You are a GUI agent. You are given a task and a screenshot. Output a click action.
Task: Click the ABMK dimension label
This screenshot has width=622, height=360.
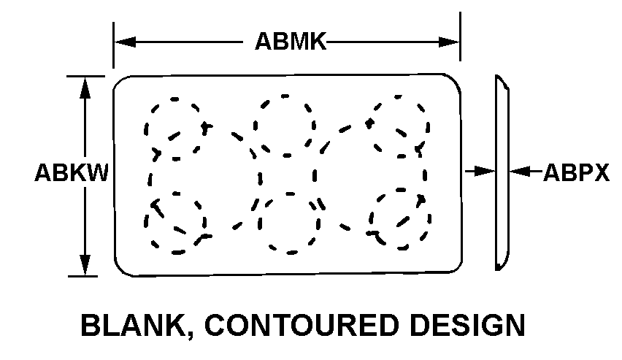pyautogui.click(x=289, y=42)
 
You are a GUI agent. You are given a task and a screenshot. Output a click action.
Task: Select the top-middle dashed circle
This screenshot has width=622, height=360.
pyautogui.click(x=285, y=126)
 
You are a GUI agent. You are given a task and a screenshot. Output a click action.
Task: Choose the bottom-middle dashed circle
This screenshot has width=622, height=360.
pyautogui.click(x=290, y=223)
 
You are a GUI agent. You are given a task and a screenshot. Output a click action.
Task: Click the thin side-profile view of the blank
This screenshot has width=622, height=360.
pyautogui.click(x=502, y=172)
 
